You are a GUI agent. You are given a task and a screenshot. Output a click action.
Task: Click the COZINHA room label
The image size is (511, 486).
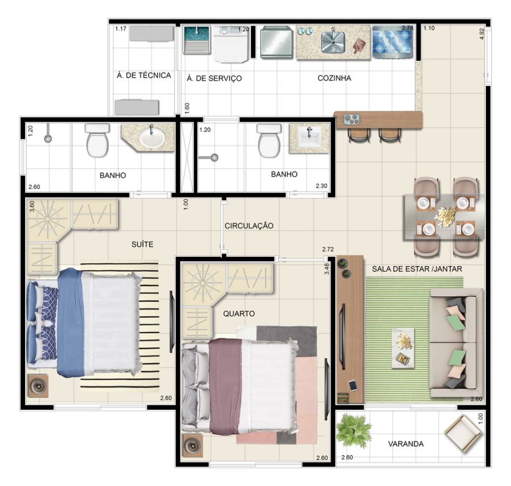coord(334,78)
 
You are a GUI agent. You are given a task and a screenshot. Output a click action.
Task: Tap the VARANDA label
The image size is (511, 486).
coord(406,444)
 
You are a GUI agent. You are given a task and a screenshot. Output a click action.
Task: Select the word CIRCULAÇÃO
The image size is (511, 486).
coord(249,226)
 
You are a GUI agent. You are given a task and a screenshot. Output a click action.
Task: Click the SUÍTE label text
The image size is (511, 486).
coord(143,244)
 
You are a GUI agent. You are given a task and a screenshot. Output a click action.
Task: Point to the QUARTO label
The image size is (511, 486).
coord(239,314)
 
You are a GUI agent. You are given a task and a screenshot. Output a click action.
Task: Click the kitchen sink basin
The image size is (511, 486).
coord(333,41)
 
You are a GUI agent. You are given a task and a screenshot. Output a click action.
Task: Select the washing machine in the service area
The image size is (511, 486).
coord(231,44)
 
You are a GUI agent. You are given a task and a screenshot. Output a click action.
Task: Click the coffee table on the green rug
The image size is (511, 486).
coord(403,348)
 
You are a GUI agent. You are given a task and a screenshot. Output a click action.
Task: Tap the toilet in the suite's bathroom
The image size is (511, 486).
coord(97,140)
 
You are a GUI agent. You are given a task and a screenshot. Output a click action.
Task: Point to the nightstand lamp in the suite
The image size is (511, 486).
coord(38,386)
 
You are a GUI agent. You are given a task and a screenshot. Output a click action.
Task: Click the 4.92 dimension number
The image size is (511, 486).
coord(483,34)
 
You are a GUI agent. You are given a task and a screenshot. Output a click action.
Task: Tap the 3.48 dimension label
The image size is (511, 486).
coord(327,269)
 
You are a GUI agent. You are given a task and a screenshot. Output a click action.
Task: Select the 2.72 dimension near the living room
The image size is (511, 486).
coord(328,250)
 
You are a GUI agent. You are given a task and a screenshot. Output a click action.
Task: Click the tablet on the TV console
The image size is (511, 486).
coord(353,385)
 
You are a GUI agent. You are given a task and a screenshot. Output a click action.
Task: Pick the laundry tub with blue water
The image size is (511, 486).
coord(197,39)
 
